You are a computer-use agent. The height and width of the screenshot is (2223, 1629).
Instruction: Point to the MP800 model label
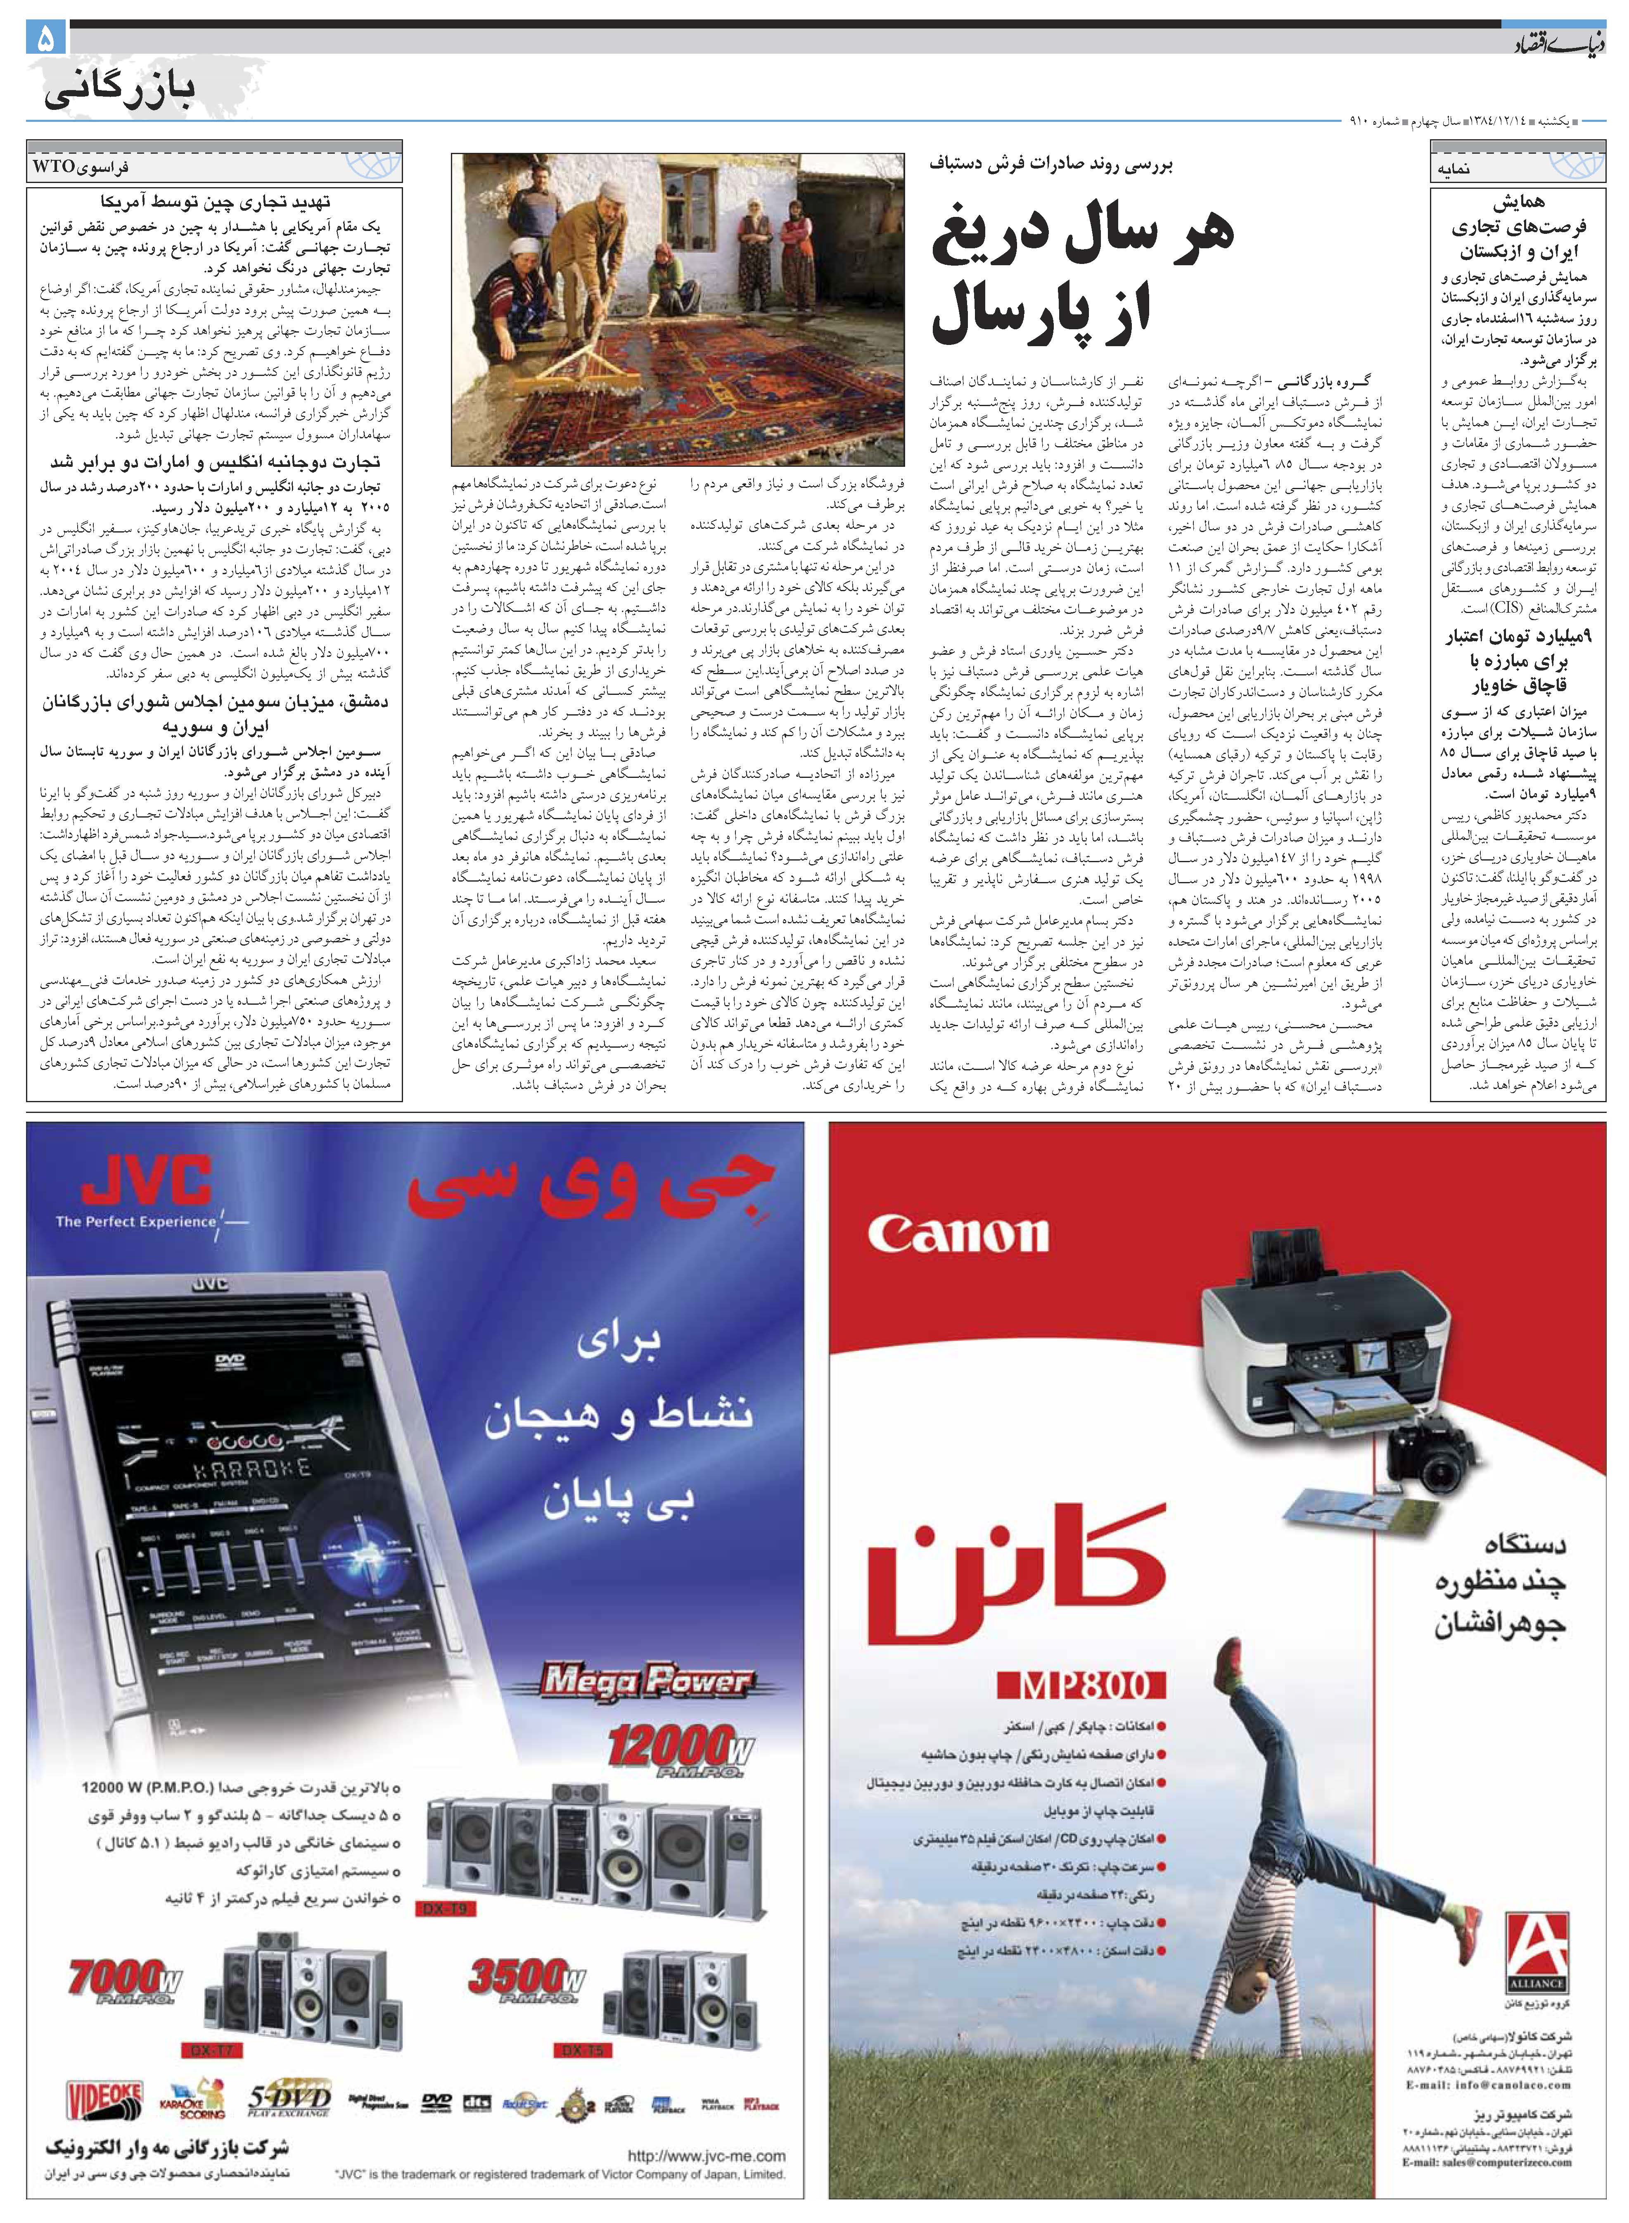(x=1080, y=1686)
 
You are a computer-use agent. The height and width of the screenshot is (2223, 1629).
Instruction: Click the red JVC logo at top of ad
(x=148, y=1179)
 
